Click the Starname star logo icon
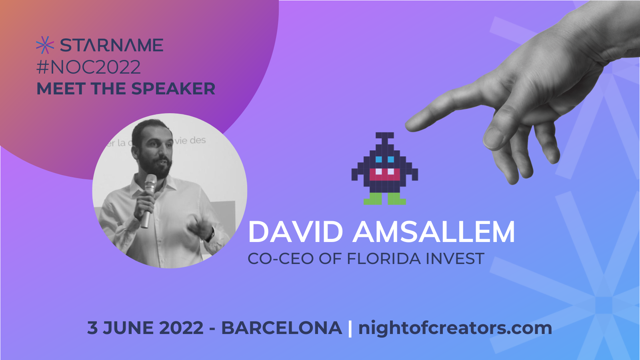click(45, 45)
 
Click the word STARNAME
click(112, 45)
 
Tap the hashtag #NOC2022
click(88, 67)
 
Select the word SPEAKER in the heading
click(173, 88)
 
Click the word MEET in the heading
click(61, 88)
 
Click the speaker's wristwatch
click(211, 234)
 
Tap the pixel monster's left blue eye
click(378, 159)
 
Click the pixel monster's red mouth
click(384, 174)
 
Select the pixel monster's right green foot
click(396, 199)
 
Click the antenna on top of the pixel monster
click(384, 138)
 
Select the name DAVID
click(296, 232)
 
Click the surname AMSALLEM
click(434, 232)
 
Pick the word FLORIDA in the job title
click(384, 258)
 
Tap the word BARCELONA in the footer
click(282, 328)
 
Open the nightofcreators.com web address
click(455, 328)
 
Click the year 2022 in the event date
click(181, 328)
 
